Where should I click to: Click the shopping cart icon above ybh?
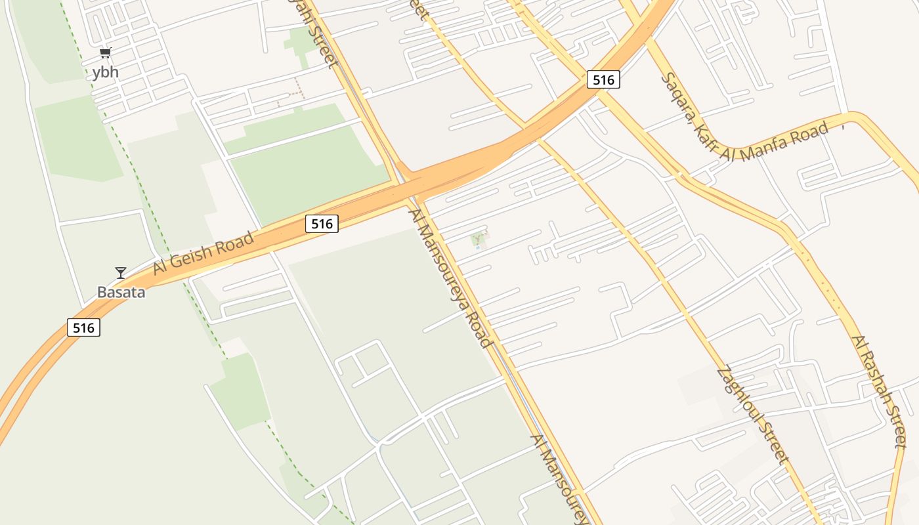pyautogui.click(x=106, y=53)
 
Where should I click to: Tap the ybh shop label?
pyautogui.click(x=106, y=72)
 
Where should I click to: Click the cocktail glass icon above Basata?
pyautogui.click(x=121, y=272)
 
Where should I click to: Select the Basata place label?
pyautogui.click(x=121, y=292)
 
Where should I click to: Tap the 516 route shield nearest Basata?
pyautogui.click(x=83, y=327)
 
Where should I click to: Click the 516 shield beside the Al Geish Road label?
pyautogui.click(x=322, y=224)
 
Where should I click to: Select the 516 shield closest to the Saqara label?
pyautogui.click(x=603, y=80)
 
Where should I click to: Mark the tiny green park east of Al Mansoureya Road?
pyautogui.click(x=480, y=240)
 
